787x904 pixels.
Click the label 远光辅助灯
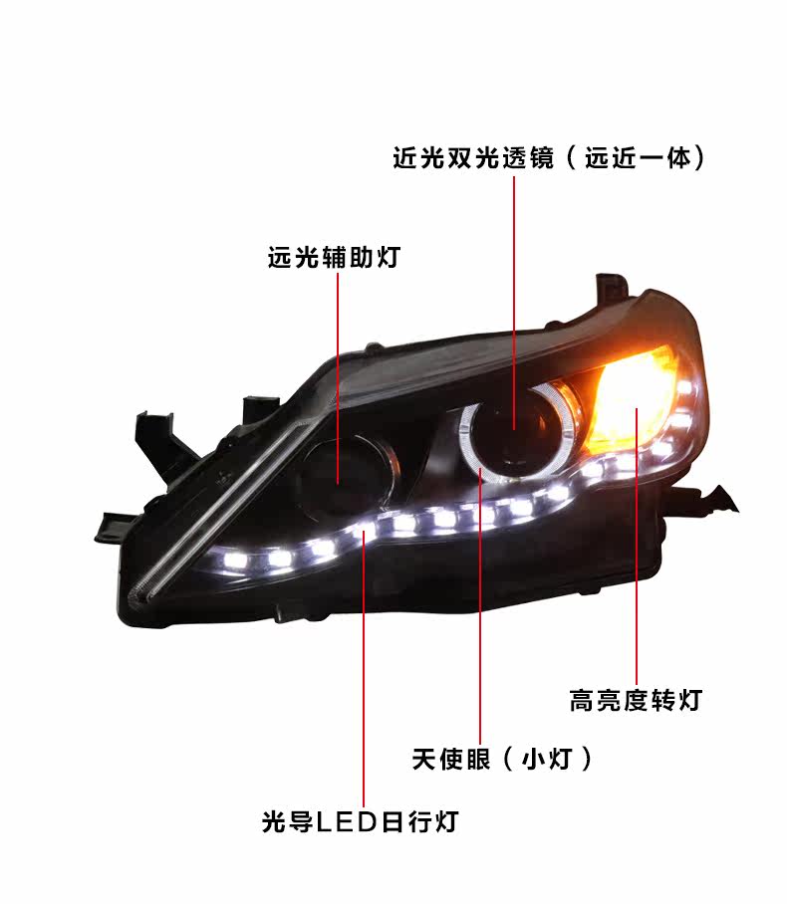pos(333,259)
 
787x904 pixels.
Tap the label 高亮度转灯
pos(635,701)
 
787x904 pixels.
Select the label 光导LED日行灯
pos(360,822)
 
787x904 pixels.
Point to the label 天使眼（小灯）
pos(502,761)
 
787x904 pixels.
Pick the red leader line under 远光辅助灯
pos(338,368)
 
